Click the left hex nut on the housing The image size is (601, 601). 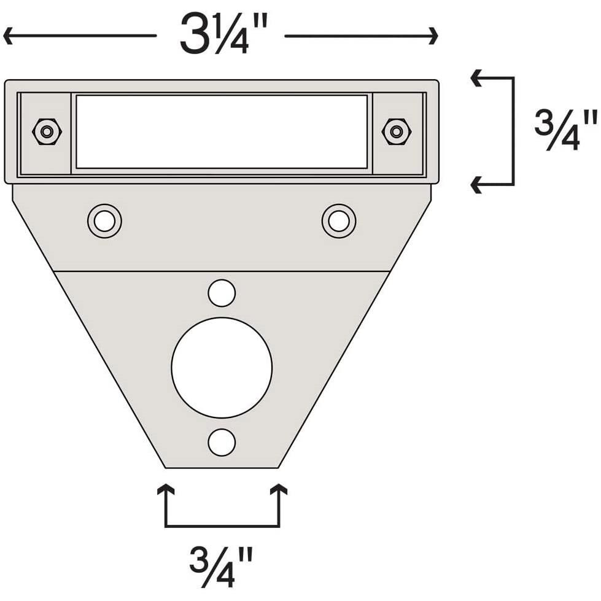(47, 131)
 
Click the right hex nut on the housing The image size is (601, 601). (397, 131)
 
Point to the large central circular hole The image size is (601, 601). (222, 367)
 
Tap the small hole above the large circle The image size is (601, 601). (222, 293)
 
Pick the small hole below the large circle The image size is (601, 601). (222, 443)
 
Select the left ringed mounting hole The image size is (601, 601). (104, 221)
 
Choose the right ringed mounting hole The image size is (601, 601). (339, 221)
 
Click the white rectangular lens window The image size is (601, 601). (222, 131)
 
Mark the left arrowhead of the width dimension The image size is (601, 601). (8, 36)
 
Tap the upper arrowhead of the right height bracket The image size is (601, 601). (476, 78)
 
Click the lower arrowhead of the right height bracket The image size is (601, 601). (476, 184)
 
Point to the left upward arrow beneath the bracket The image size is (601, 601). (165, 490)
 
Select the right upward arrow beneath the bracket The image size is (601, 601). (279, 490)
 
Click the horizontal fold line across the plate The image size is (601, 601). (222, 271)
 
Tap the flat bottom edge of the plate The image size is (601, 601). (222, 468)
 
